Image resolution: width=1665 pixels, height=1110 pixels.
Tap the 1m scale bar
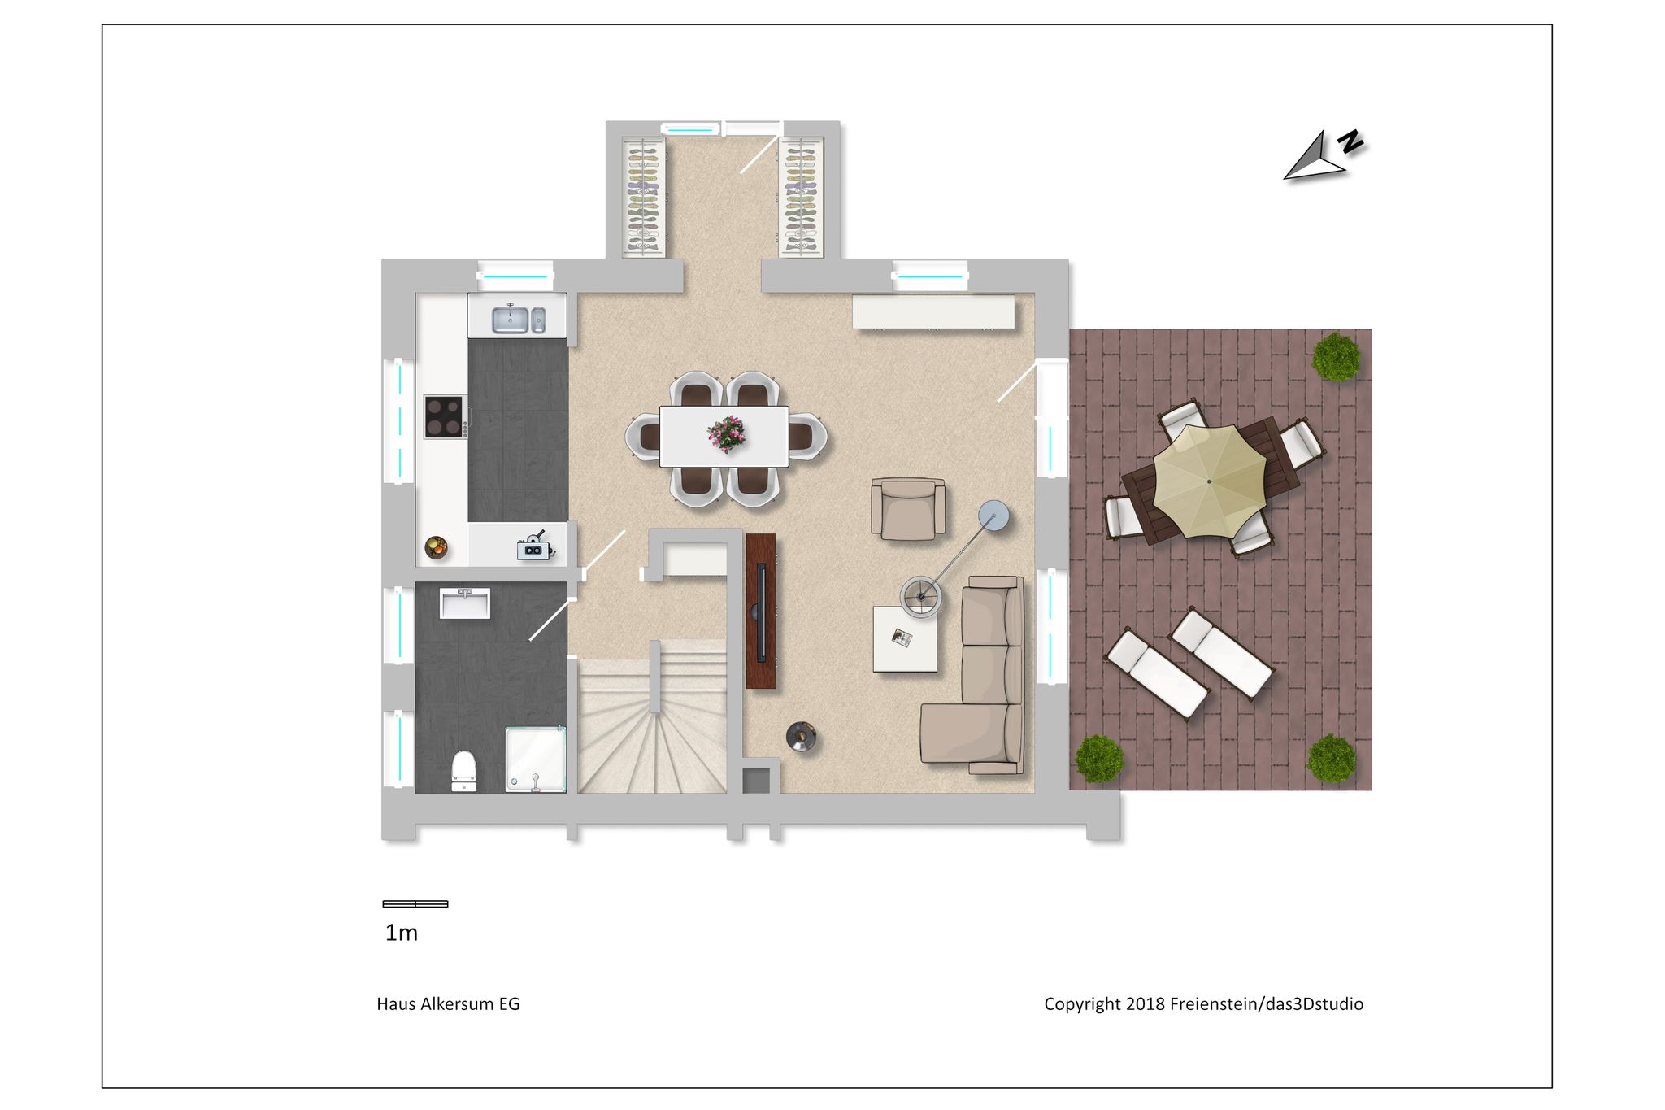click(x=415, y=903)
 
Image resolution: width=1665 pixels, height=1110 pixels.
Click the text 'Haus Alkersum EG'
click(x=448, y=1003)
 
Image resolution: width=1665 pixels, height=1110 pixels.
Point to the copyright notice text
click(x=1203, y=1003)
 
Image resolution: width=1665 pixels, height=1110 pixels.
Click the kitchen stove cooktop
click(x=446, y=416)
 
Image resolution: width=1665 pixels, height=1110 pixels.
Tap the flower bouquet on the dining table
click(x=727, y=433)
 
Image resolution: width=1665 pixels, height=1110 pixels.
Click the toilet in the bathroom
click(x=463, y=770)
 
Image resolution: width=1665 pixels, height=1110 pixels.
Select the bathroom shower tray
click(x=536, y=759)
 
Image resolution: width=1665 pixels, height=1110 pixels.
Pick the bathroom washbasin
click(x=465, y=603)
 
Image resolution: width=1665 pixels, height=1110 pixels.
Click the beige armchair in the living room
click(x=908, y=508)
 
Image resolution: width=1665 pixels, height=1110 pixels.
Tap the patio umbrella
click(x=1209, y=481)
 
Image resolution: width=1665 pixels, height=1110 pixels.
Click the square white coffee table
click(x=905, y=639)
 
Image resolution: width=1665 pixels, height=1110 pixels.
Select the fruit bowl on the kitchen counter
click(x=437, y=547)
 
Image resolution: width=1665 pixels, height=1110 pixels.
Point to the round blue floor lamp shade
click(x=993, y=516)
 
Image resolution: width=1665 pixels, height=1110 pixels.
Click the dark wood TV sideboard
click(x=761, y=611)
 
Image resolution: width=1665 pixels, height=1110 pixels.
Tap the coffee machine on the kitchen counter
click(x=535, y=546)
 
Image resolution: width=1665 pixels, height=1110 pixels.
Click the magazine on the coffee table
click(x=902, y=638)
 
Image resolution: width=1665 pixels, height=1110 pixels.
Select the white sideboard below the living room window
click(x=933, y=311)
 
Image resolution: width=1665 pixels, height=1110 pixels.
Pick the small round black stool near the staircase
click(x=801, y=737)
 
